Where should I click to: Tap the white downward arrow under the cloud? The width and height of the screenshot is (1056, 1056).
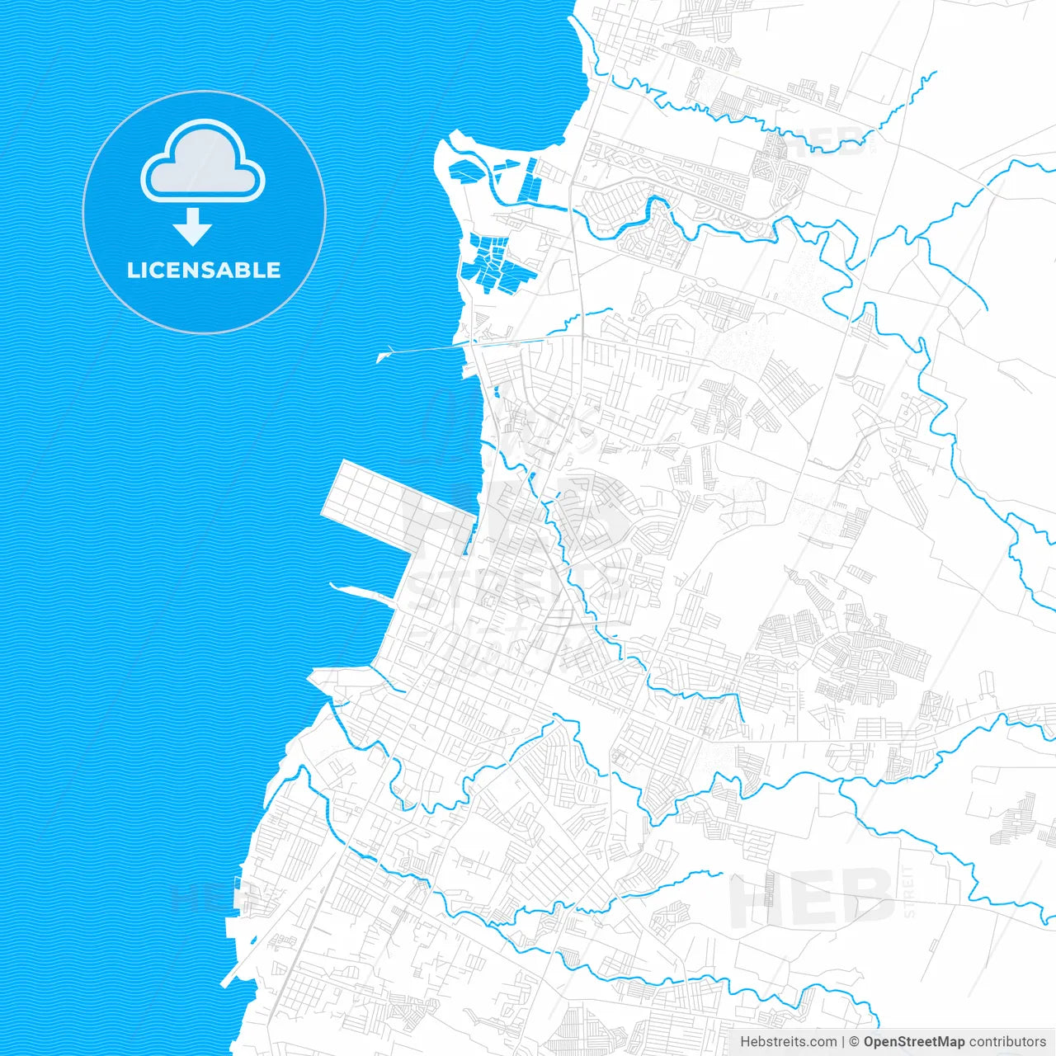pos(193,227)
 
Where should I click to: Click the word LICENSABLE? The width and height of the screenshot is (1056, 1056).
pos(204,270)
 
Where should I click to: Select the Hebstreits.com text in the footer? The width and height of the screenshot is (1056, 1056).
pos(788,1042)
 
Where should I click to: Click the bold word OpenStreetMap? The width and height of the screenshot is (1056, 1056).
pos(913,1042)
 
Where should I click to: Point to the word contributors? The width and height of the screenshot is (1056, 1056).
pos(1006,1042)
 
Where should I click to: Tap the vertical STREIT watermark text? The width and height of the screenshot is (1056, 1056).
pos(909,891)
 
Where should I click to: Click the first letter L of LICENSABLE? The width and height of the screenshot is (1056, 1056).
pos(133,270)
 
